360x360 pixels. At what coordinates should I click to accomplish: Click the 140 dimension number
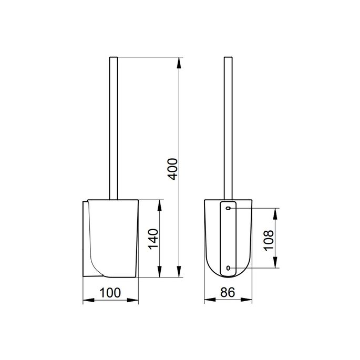pos(152,239)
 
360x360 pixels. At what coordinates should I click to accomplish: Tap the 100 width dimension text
pos(111,293)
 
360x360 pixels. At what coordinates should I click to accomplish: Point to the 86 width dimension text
pos(228,293)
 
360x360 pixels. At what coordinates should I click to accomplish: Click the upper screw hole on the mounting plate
pos(228,209)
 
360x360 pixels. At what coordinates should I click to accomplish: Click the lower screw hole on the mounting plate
pos(228,269)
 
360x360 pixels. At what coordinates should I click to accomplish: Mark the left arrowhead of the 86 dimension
pos(207,301)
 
